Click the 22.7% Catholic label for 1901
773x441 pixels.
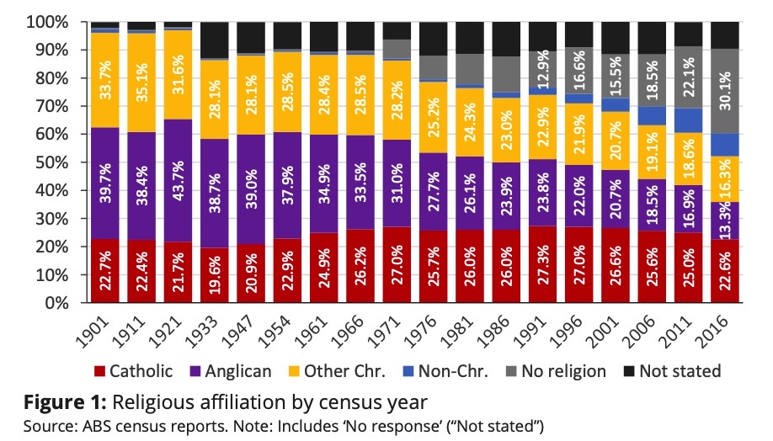coord(104,271)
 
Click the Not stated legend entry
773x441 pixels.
coord(673,371)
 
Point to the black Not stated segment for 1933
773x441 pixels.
coord(214,40)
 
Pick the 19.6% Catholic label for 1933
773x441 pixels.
coord(214,273)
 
